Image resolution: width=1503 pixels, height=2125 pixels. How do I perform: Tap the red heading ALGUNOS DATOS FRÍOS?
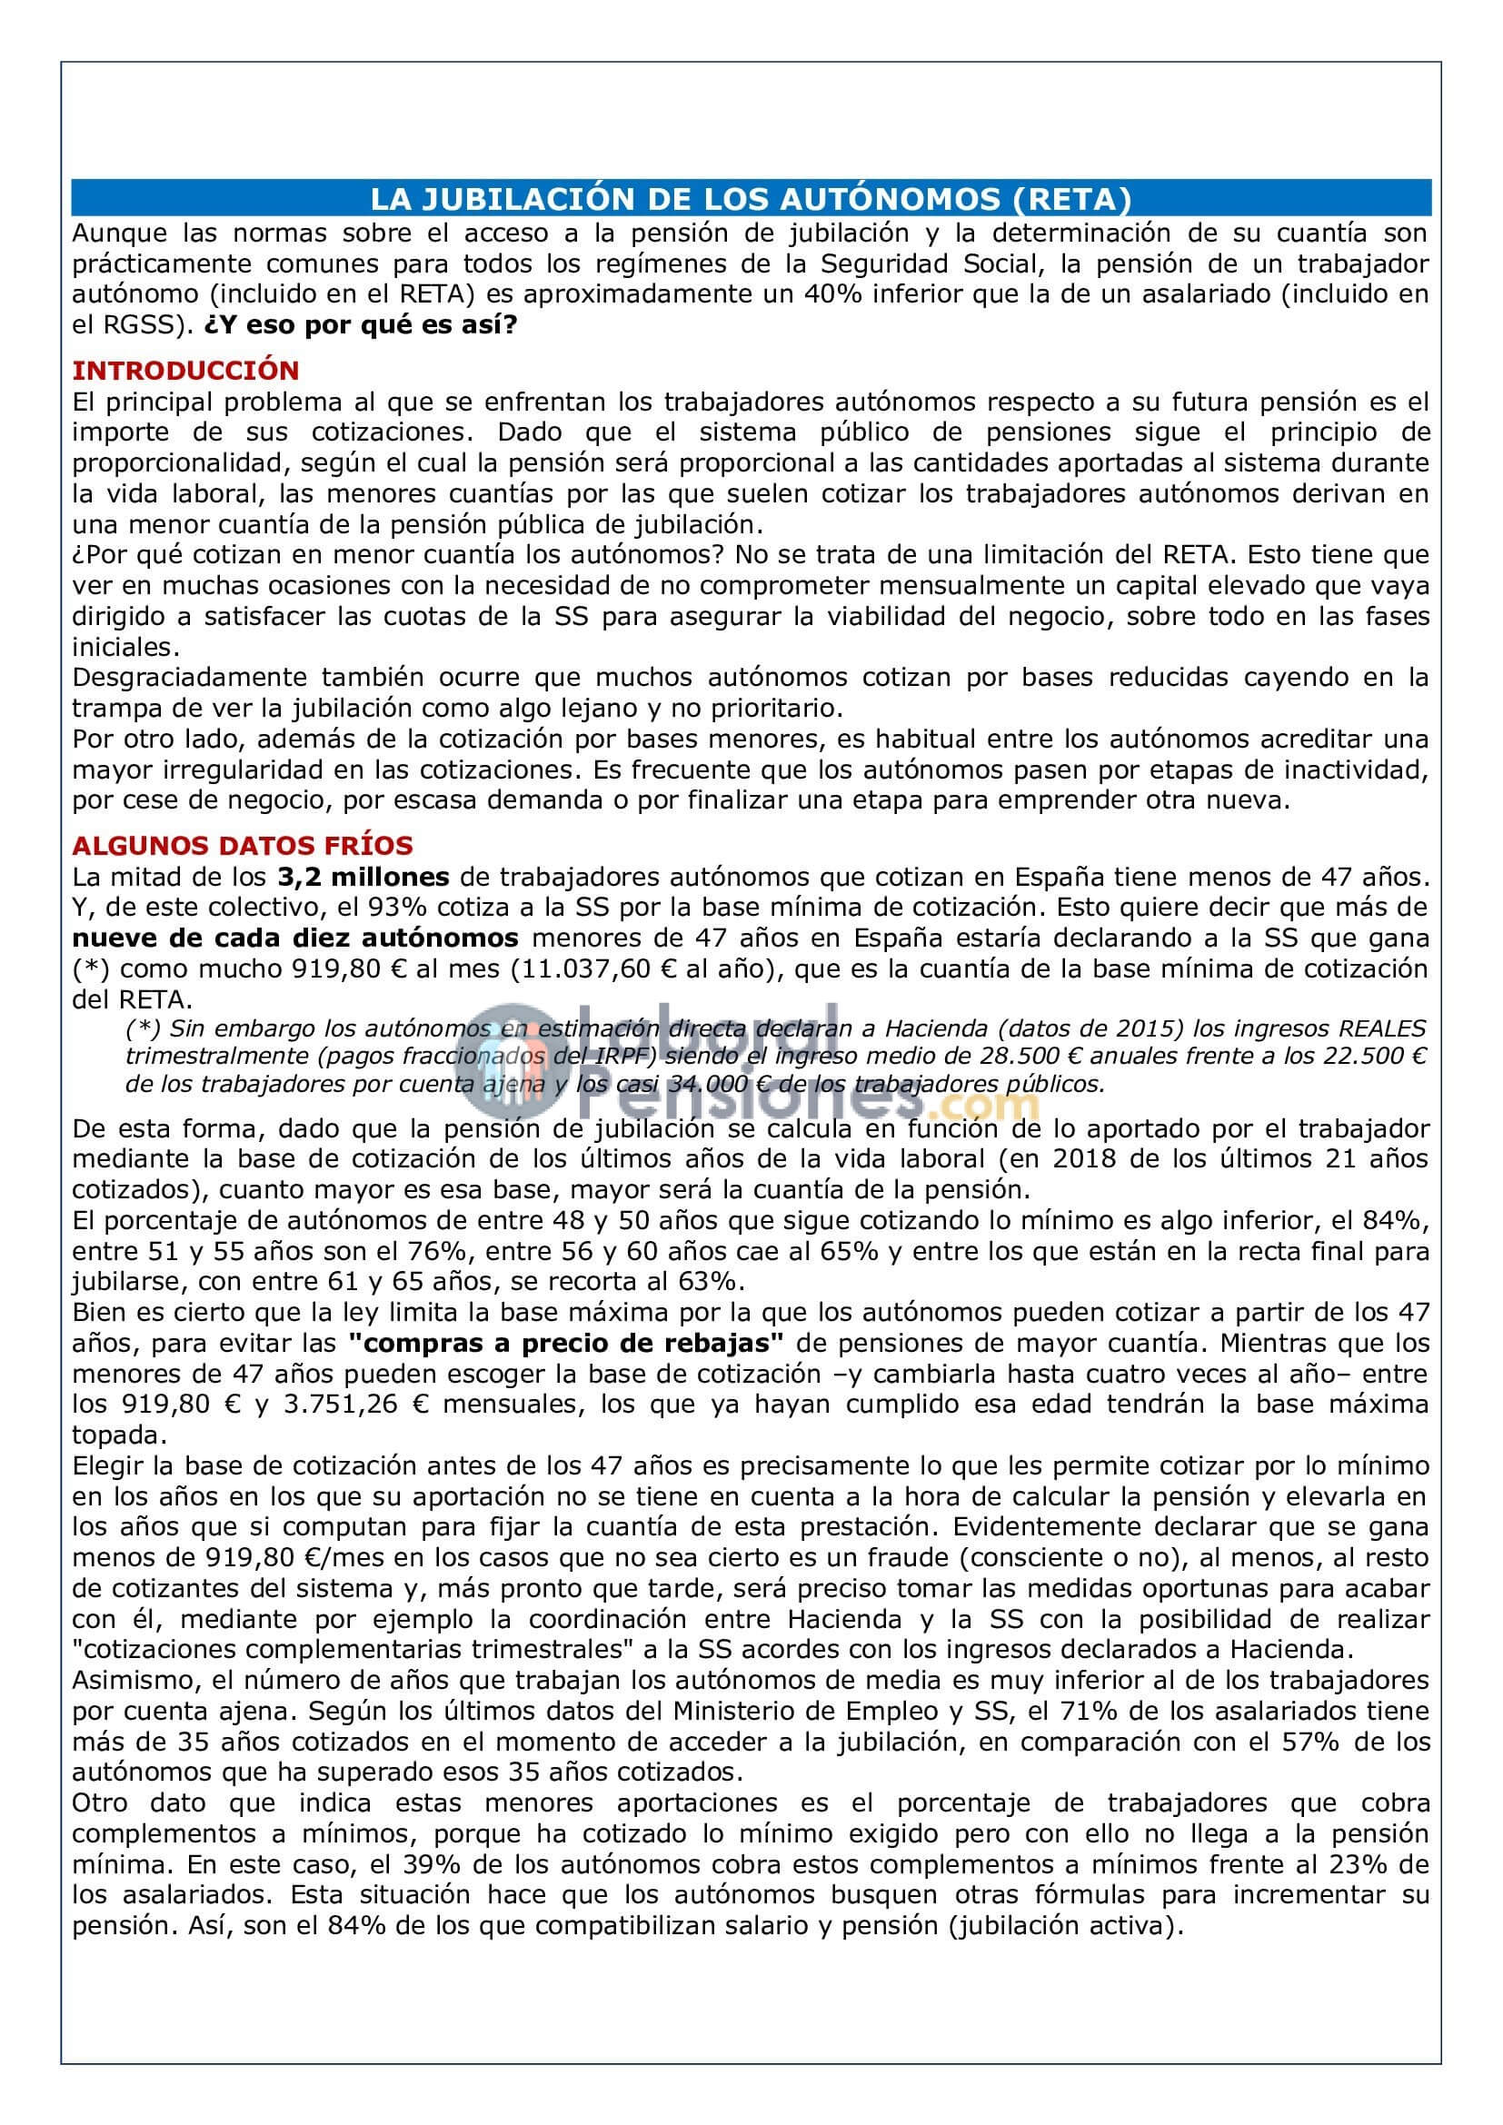(243, 845)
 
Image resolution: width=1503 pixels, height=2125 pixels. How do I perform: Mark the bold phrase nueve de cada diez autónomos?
(295, 937)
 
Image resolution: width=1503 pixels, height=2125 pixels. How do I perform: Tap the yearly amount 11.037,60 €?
(691, 968)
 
